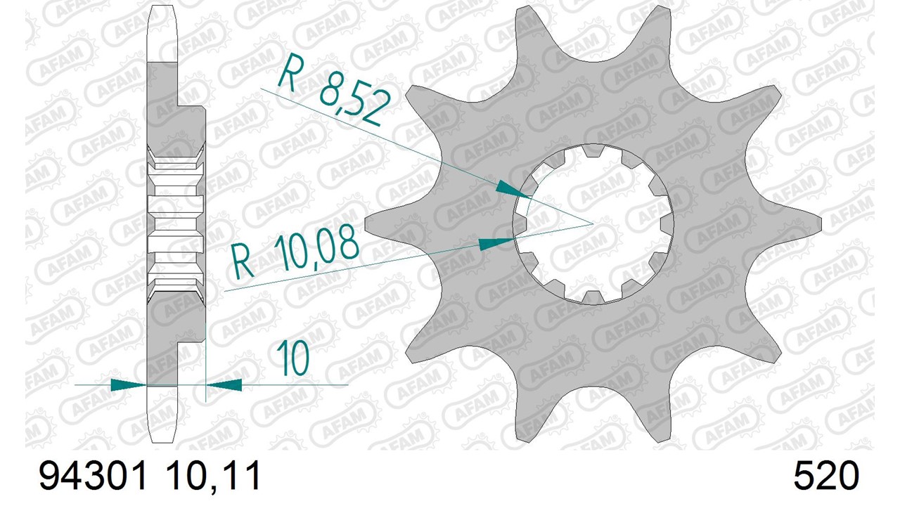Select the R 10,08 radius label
coord(296,253)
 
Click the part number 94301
coord(92,476)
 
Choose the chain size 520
coord(826,476)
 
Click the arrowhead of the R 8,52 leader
coord(513,190)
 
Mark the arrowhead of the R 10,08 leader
coord(497,243)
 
